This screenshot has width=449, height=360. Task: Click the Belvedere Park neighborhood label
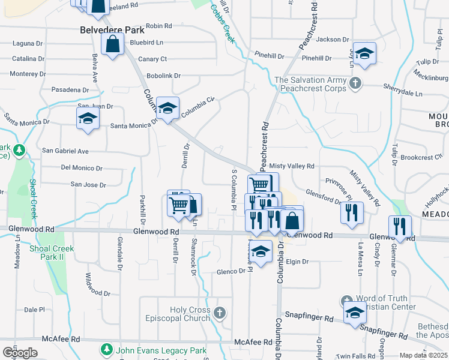pos(110,28)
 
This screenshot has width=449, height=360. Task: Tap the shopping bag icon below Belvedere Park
pos(112,43)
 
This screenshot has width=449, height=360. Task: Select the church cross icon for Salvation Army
pos(355,83)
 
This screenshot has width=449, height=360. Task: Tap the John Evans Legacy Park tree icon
pos(106,348)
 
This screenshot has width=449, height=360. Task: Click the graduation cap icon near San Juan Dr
pos(88,118)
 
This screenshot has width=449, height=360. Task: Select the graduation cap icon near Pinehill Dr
pos(364,53)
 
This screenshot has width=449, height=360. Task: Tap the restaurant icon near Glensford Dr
pos(351,211)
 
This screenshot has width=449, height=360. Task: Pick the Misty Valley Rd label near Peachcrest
pos(292,166)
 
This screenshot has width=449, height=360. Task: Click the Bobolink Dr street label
pos(164,76)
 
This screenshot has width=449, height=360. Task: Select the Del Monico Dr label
pos(82,169)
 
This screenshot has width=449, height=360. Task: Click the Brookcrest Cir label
pos(421,157)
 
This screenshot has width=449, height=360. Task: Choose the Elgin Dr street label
pos(297,262)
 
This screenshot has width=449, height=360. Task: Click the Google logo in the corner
pos(20,353)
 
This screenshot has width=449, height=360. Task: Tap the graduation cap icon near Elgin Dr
pos(261,252)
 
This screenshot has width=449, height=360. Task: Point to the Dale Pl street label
pos(35,310)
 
